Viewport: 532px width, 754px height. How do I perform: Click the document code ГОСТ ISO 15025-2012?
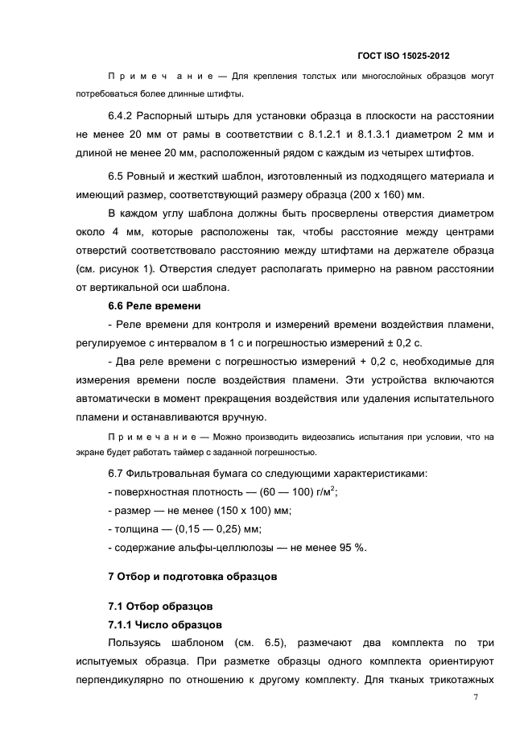(402, 56)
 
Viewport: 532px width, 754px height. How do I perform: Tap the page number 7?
(476, 698)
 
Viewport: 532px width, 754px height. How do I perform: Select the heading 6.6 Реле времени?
(154, 306)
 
